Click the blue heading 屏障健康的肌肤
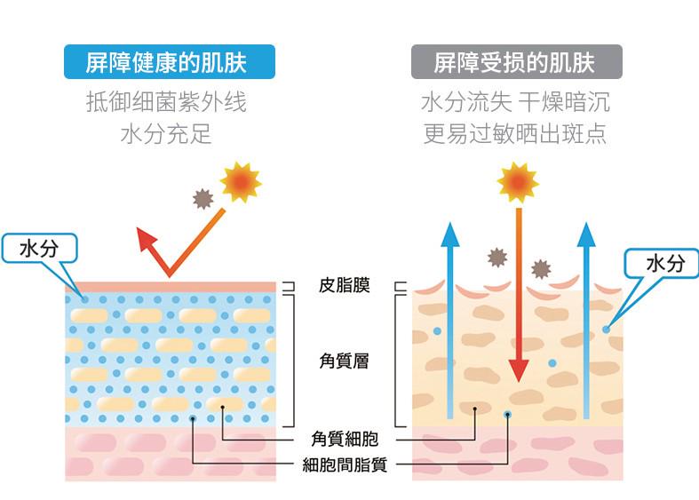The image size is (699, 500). tap(170, 62)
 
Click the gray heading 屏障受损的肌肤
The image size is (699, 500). tap(517, 62)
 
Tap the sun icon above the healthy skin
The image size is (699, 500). tap(241, 181)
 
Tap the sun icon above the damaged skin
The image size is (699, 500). tap(518, 182)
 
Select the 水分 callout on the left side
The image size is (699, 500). tap(40, 248)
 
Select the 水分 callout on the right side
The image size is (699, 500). tap(662, 263)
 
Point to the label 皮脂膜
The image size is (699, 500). tap(344, 285)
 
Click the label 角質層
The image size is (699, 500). tap(344, 361)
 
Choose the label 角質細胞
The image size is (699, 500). tap(344, 439)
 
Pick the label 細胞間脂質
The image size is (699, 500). tap(344, 464)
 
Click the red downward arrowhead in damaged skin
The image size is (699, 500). tap(519, 369)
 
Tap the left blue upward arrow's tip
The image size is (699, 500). tap(450, 222)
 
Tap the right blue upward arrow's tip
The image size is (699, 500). tap(586, 223)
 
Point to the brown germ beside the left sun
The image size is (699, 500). tap(203, 199)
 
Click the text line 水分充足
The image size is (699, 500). tap(166, 134)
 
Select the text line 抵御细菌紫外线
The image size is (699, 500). tap(166, 102)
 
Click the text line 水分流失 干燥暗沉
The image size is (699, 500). tap(516, 102)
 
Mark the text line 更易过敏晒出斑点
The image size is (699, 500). tap(516, 134)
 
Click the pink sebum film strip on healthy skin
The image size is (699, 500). tap(171, 287)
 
